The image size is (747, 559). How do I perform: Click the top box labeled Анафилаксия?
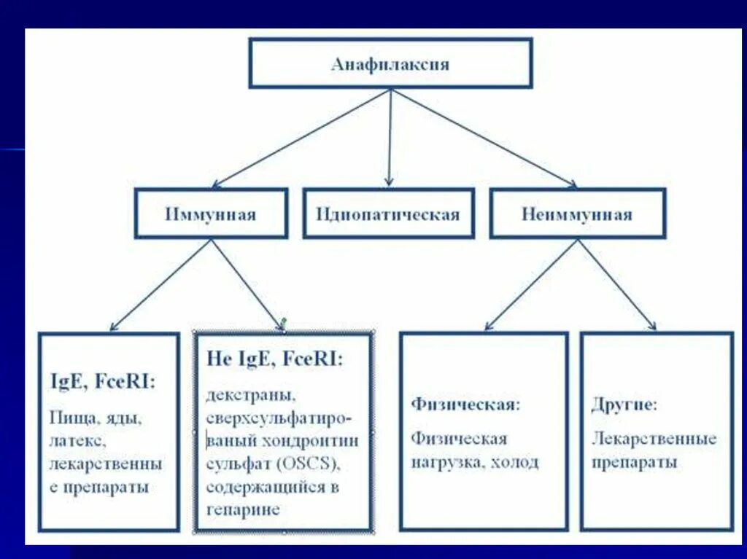click(390, 63)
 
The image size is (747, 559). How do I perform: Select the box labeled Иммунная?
click(212, 214)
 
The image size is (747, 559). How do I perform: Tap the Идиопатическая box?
click(388, 214)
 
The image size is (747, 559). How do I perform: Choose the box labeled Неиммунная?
click(577, 214)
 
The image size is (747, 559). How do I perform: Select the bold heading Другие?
click(624, 404)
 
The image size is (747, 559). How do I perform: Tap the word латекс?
click(73, 442)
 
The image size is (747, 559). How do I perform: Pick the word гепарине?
click(243, 509)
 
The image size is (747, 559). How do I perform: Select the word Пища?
click(67, 419)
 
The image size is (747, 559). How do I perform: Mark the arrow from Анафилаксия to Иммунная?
click(300, 138)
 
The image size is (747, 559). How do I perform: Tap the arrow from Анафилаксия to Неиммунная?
click(485, 138)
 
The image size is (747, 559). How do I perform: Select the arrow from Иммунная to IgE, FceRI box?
click(161, 284)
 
